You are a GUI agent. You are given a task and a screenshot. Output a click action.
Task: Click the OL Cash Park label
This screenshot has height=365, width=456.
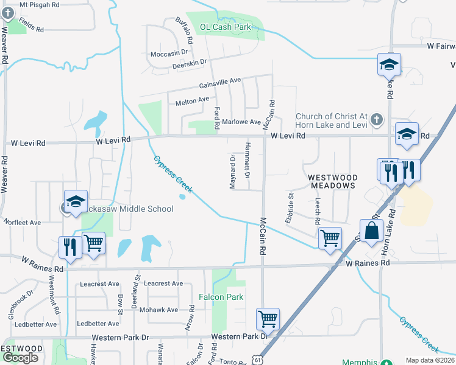(226, 27)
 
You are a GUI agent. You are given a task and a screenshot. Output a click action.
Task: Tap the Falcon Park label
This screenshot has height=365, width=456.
(221, 297)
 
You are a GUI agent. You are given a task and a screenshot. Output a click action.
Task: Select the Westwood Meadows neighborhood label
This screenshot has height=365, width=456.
(332, 181)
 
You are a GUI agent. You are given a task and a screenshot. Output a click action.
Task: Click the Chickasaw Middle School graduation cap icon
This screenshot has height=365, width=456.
(76, 203)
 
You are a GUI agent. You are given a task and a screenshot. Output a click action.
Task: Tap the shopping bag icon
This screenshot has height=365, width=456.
(371, 231)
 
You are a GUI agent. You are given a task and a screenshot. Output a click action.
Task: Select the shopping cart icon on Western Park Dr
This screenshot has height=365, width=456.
(268, 318)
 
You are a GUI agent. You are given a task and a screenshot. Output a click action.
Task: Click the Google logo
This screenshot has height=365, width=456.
(21, 358)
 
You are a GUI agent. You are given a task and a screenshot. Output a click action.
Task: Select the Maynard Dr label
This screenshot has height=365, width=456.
(232, 172)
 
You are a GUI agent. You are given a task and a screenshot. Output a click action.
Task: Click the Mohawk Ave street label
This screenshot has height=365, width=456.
(162, 310)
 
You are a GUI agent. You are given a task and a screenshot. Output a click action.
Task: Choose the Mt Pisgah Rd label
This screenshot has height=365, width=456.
(40, 4)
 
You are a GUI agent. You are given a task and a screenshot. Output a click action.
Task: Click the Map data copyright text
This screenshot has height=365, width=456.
(430, 360)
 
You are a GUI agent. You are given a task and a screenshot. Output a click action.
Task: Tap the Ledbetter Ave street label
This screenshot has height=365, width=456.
(36, 324)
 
